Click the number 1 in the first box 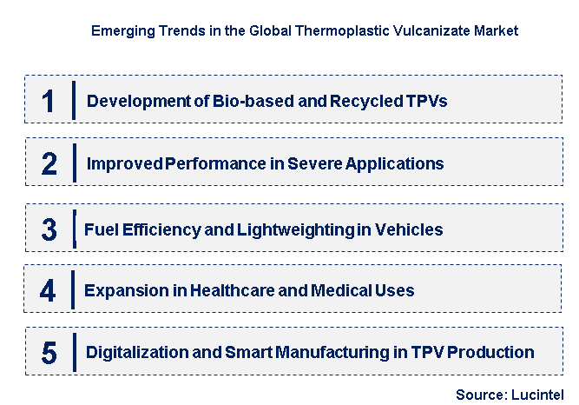click(x=49, y=101)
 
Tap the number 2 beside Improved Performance click(x=49, y=163)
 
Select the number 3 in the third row click(x=49, y=229)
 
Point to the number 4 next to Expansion click(x=49, y=290)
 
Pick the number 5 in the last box click(x=49, y=352)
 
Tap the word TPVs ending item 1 click(x=426, y=101)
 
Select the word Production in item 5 click(x=492, y=352)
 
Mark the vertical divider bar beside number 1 click(x=75, y=101)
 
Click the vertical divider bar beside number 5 click(x=75, y=352)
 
